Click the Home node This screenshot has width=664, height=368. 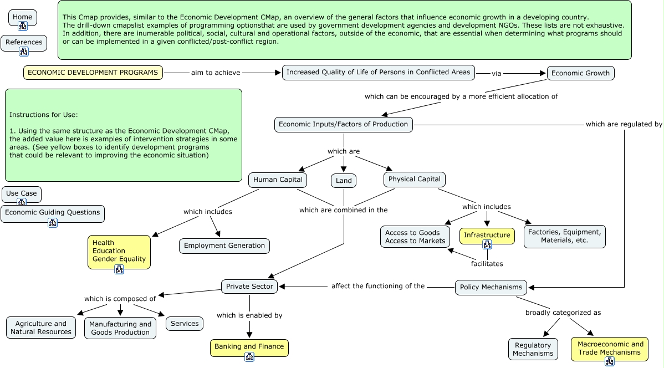pyautogui.click(x=23, y=17)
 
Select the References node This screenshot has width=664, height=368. pyautogui.click(x=24, y=42)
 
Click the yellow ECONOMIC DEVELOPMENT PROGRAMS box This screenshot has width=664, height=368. pyautogui.click(x=93, y=73)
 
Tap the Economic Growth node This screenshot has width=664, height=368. pyautogui.click(x=580, y=73)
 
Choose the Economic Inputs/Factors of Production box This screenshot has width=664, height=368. pyautogui.click(x=343, y=125)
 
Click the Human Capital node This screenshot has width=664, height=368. pyautogui.click(x=278, y=180)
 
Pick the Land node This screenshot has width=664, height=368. pyautogui.click(x=344, y=181)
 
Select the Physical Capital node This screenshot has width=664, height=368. pyautogui.click(x=414, y=179)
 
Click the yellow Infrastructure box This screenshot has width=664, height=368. pyautogui.click(x=487, y=235)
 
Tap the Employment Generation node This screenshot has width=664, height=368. pyautogui.click(x=224, y=246)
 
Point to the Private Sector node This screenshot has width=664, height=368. pyautogui.click(x=249, y=287)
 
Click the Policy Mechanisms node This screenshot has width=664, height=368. pyautogui.click(x=491, y=287)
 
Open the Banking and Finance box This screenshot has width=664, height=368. pyautogui.click(x=249, y=347)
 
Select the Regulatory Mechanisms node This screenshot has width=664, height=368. pyautogui.click(x=533, y=349)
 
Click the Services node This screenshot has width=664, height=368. pyautogui.click(x=185, y=324)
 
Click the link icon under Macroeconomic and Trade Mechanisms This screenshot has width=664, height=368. pyautogui.click(x=610, y=361)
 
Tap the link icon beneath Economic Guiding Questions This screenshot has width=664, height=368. pyautogui.click(x=53, y=223)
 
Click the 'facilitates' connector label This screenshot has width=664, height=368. pyautogui.click(x=487, y=264)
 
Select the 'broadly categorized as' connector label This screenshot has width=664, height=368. pyautogui.click(x=563, y=313)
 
